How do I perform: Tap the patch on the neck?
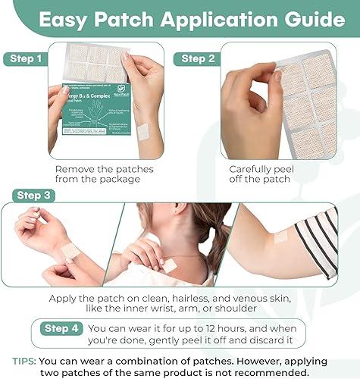click(169, 265)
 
